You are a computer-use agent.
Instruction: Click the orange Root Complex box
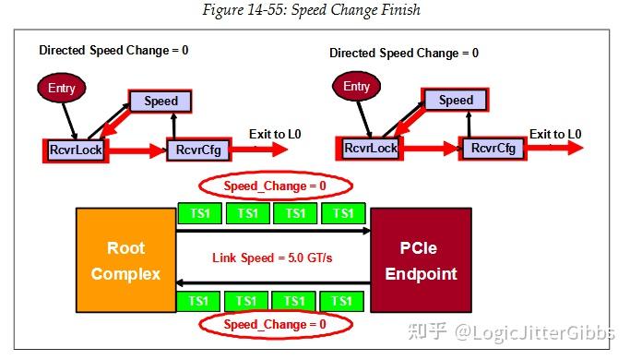pos(125,260)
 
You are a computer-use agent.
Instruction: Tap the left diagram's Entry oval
pos(61,89)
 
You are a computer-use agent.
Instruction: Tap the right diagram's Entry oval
pos(356,88)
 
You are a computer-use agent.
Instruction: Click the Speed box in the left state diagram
pos(160,101)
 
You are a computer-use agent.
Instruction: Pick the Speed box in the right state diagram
pos(455,100)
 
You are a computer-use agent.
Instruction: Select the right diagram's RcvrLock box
pos(370,148)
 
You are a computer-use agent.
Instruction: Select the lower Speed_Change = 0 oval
pos(274,325)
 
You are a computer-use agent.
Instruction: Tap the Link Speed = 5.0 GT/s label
pos(272,257)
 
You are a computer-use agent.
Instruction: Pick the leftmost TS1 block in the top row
pos(198,213)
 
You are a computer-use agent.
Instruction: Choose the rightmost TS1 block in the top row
pos(342,213)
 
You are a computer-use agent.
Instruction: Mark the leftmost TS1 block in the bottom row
pos(198,300)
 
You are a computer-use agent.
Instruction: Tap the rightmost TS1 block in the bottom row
pos(342,300)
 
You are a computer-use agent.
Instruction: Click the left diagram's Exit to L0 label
pos(275,135)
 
